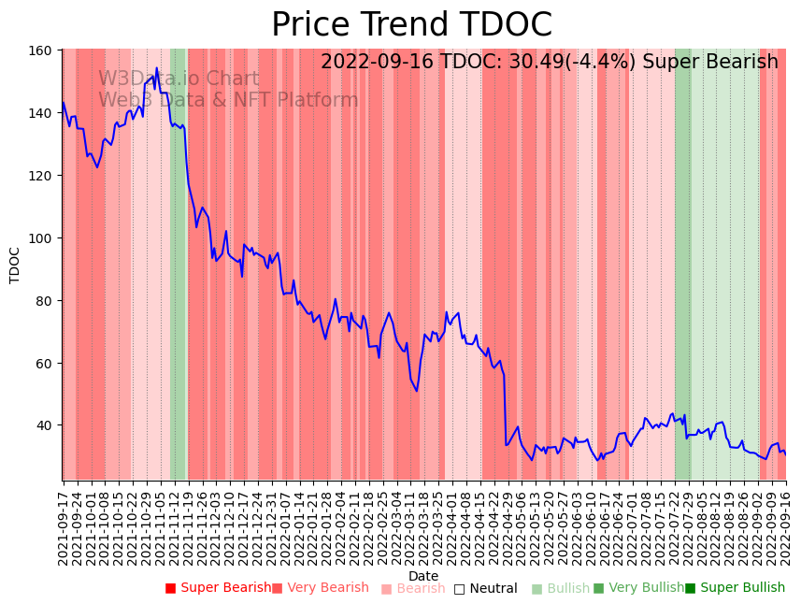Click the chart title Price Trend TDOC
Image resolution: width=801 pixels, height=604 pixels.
coord(411,25)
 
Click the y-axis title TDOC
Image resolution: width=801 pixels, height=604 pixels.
coord(15,265)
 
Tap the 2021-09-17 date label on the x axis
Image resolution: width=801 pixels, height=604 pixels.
coord(64,525)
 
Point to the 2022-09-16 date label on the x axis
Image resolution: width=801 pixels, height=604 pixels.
coord(785,525)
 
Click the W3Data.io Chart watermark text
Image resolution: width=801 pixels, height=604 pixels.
coord(179,79)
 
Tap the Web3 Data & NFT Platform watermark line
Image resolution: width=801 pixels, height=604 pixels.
coord(228,100)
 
